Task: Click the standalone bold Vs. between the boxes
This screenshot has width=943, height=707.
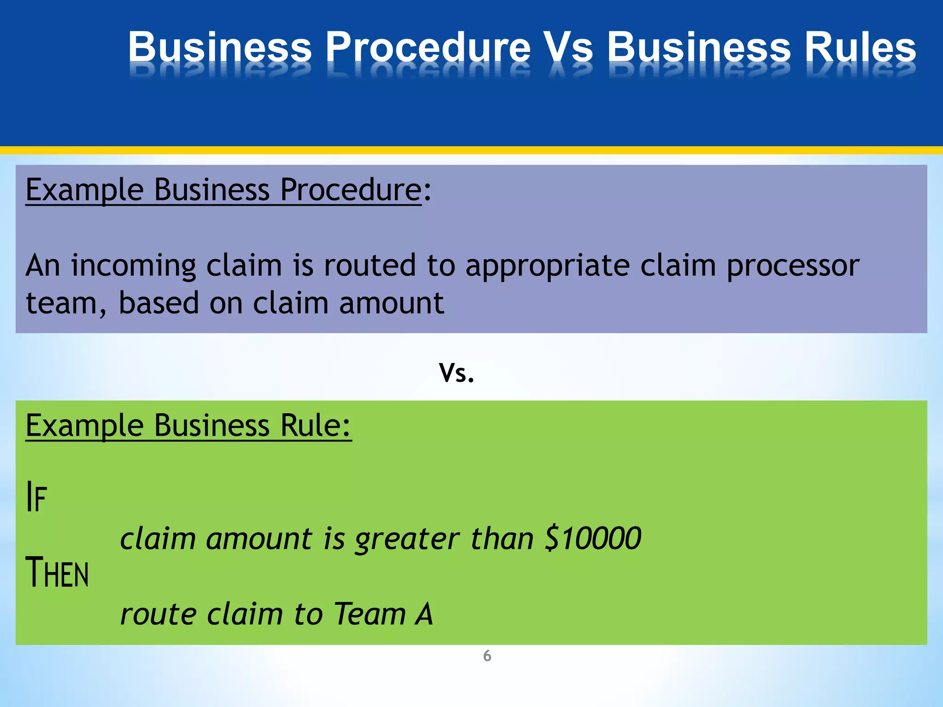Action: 456,372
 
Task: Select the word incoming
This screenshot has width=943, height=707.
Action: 134,266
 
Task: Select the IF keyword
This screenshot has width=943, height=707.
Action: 36,497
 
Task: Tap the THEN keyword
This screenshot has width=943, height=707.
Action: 57,573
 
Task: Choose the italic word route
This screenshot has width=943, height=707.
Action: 156,615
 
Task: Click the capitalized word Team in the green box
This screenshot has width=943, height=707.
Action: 370,614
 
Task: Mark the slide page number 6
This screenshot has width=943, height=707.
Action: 487,656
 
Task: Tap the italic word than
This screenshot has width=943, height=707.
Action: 502,539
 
